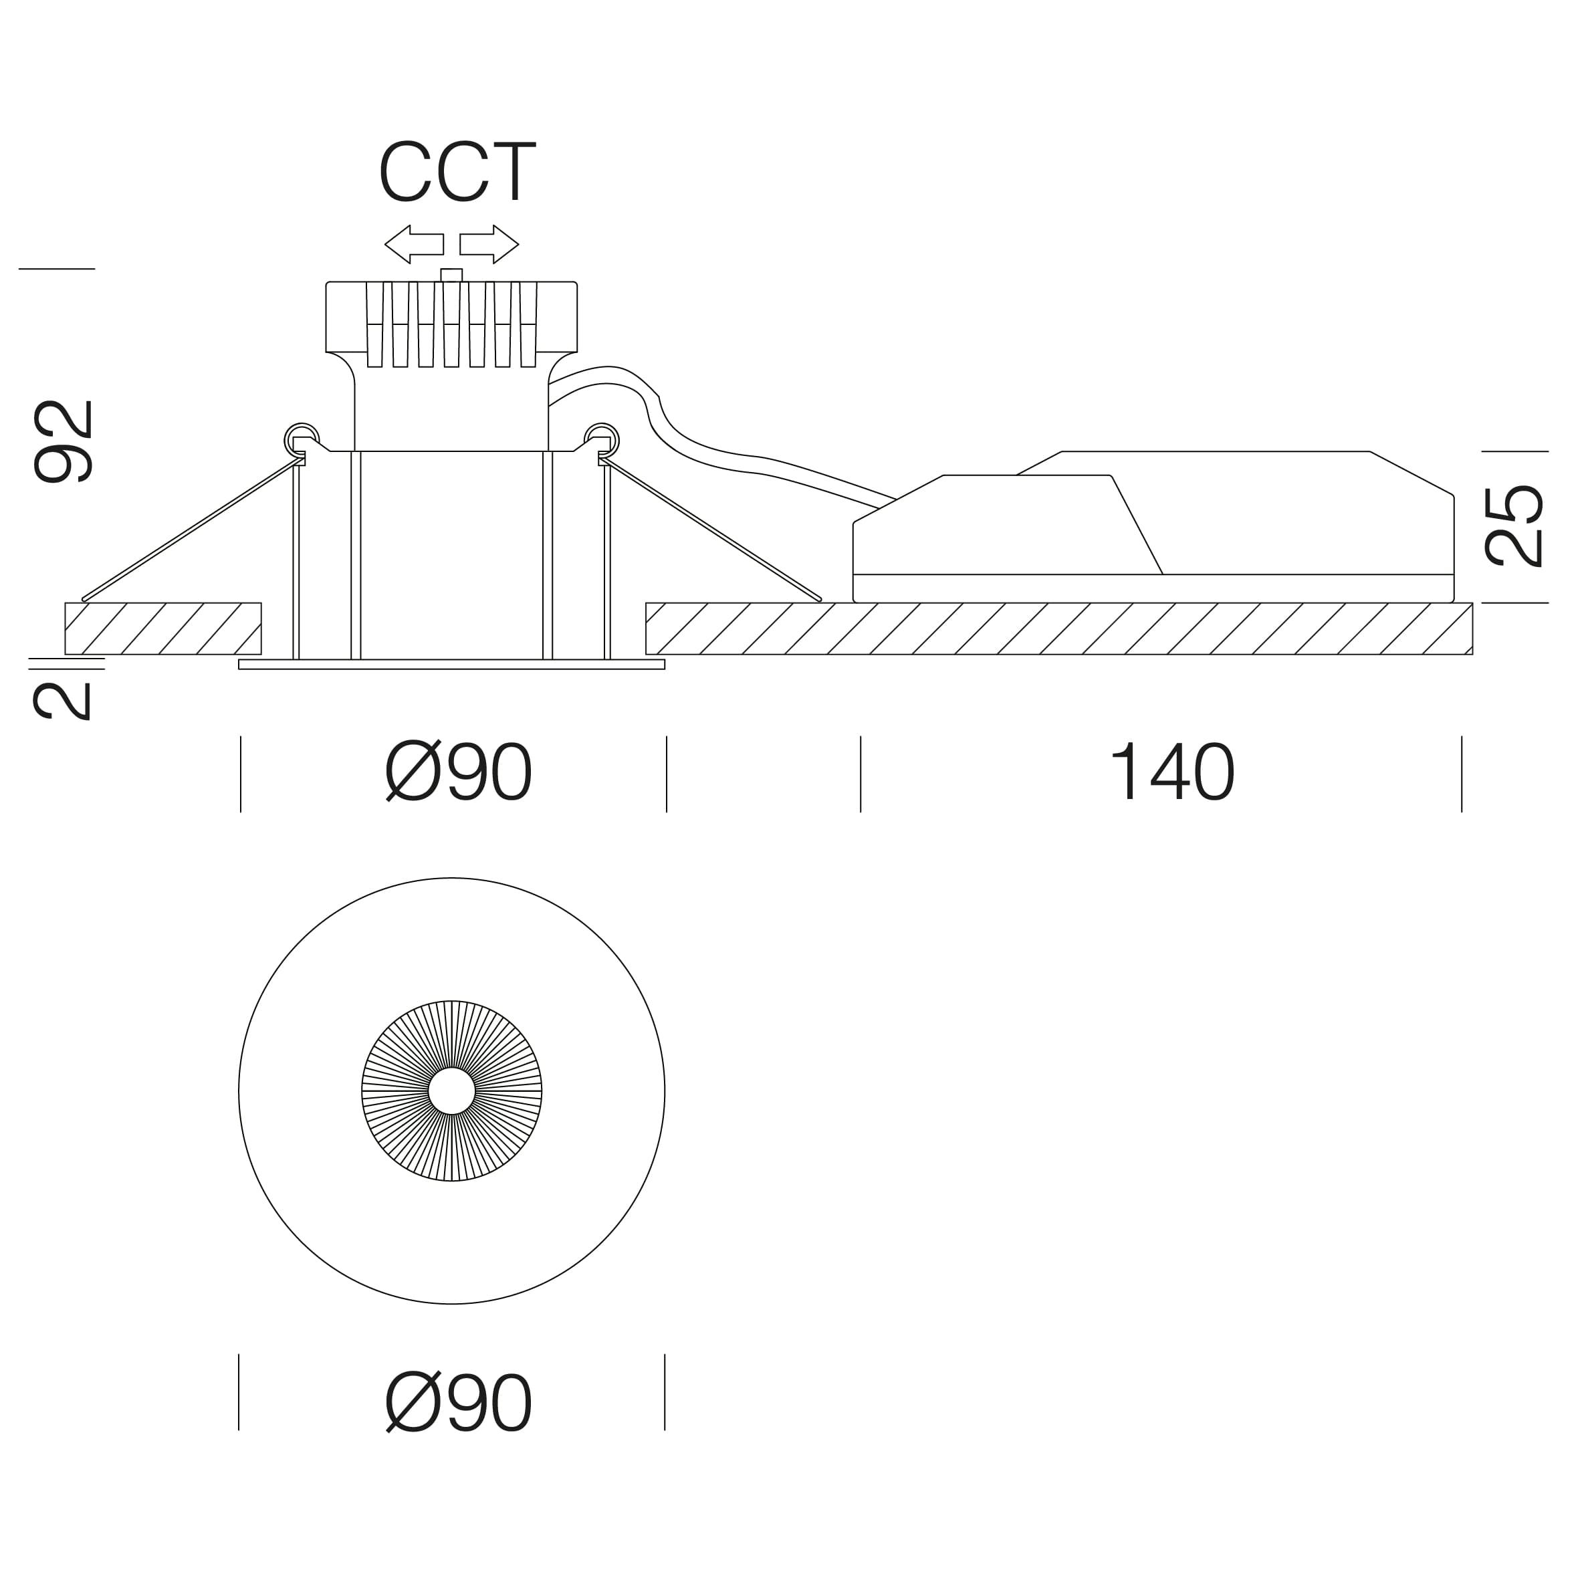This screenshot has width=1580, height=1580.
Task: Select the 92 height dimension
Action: pos(64,441)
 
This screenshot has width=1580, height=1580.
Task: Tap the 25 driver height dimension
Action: pos(1513,526)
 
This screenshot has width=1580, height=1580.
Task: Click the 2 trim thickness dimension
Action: pos(62,701)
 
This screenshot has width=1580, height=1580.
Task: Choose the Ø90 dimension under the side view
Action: pos(458,772)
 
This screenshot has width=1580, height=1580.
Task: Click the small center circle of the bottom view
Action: pos(451,1091)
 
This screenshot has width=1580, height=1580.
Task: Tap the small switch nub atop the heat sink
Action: pos(451,275)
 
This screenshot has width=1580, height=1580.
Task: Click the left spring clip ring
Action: pos(302,439)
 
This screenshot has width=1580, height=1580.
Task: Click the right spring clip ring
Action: pos(602,439)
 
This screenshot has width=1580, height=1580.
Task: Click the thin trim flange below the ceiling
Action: pos(451,664)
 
